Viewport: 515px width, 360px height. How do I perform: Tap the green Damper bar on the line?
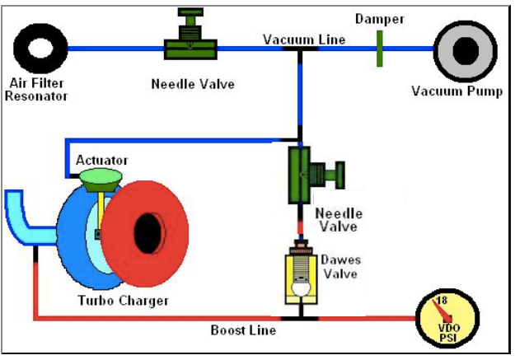click(x=380, y=48)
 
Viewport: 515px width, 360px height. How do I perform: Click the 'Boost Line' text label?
click(x=243, y=330)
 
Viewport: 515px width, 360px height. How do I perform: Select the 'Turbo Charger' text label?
click(x=124, y=301)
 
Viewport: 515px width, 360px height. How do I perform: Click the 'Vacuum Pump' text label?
click(x=456, y=91)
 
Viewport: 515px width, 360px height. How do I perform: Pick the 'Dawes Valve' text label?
click(x=341, y=266)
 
